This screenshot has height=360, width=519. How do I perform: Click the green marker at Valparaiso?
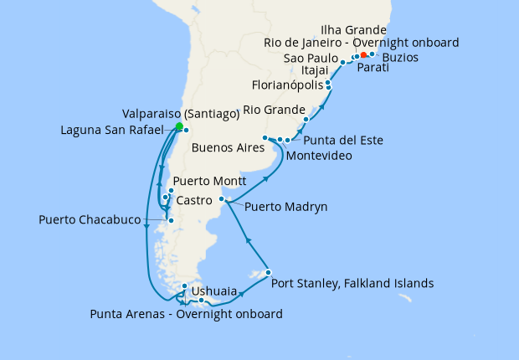coord(178,126)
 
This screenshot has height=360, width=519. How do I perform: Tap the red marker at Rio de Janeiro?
coord(363,55)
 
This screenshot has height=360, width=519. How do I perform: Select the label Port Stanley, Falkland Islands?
coord(352,284)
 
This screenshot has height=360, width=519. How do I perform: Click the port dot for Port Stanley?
coord(268,273)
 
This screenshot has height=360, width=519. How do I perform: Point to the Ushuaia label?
coord(213,292)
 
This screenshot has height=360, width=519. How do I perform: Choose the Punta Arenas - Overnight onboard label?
coord(186,315)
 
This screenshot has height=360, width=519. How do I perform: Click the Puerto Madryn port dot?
coord(222,199)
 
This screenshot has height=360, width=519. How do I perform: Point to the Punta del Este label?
coord(343,140)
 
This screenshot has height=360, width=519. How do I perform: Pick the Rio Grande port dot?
coord(306,120)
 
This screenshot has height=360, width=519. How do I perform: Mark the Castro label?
coord(193,202)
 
